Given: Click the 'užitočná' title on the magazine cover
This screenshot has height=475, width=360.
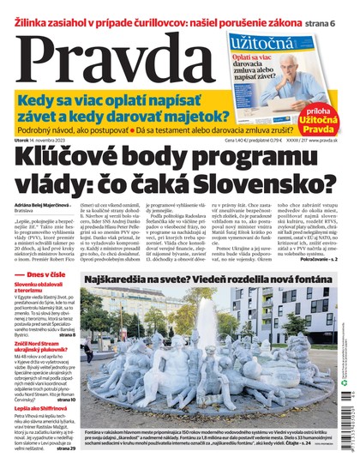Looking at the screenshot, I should coord(266,40).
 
